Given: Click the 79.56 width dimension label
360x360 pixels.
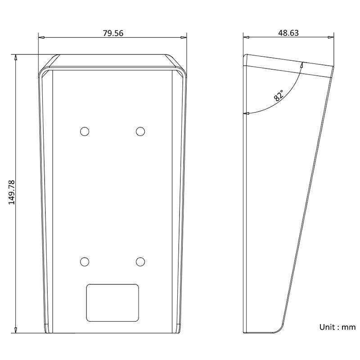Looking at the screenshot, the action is tap(113, 33).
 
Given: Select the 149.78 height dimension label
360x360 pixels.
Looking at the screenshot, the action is tap(12, 192).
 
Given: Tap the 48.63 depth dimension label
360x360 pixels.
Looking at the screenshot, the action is tap(288, 33).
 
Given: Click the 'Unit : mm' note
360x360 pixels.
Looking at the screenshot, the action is tap(337, 327).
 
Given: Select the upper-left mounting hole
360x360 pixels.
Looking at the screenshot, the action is tap(85, 131).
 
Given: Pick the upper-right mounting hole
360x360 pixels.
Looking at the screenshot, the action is tap(140, 131).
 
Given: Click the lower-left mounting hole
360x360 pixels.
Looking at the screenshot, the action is tap(85, 262).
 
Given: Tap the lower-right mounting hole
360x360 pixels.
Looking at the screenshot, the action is tap(140, 262).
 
